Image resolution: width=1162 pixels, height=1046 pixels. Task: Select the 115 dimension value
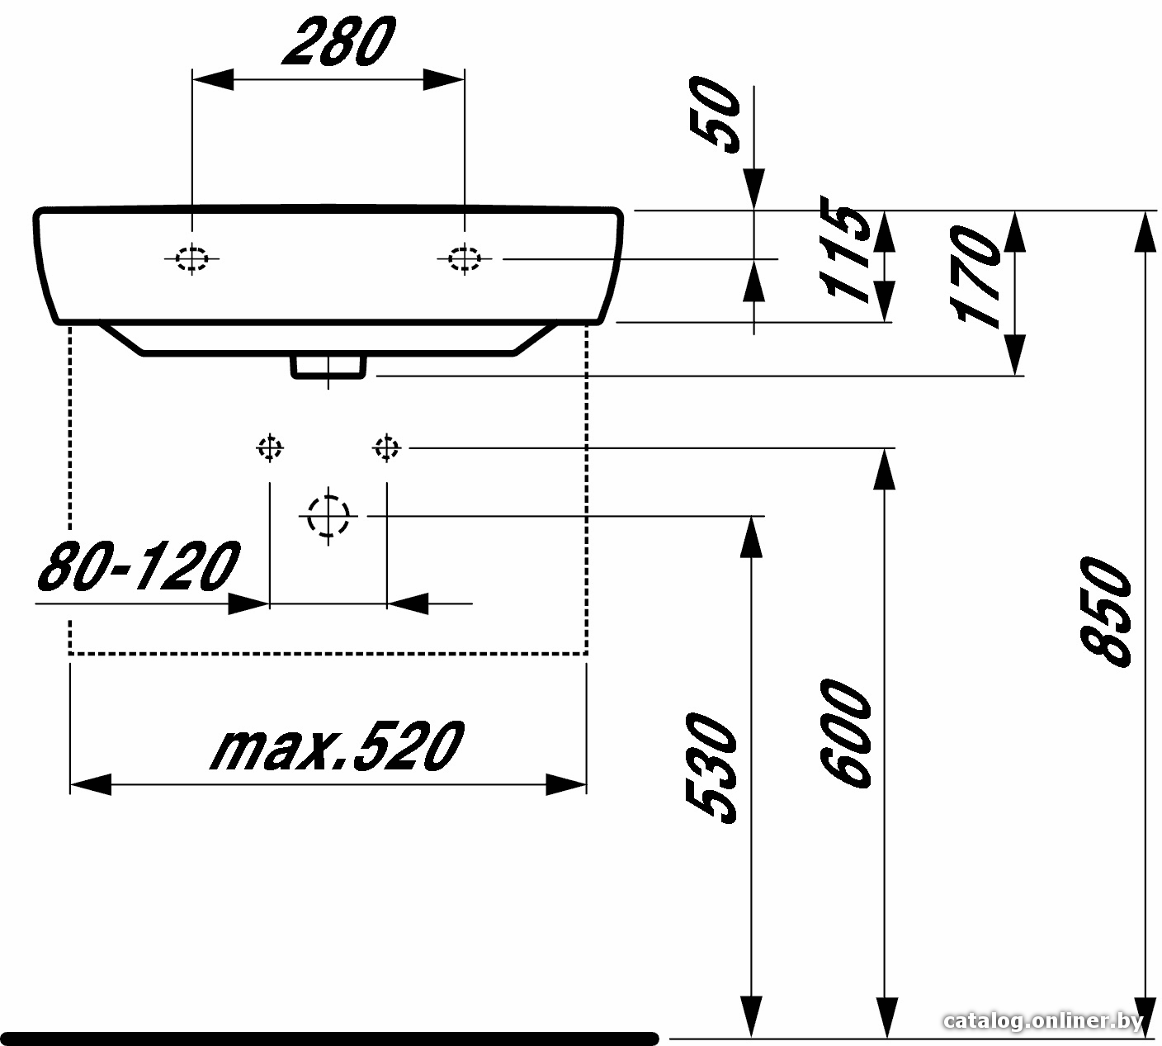click(x=845, y=248)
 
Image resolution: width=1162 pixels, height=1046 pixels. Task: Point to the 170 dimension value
click(x=976, y=277)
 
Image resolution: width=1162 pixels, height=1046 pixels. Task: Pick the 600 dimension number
click(x=846, y=734)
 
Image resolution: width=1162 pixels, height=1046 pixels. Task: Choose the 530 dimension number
click(x=711, y=769)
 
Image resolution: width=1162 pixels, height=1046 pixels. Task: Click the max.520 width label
click(x=338, y=746)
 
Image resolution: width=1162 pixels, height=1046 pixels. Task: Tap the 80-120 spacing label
click(x=139, y=566)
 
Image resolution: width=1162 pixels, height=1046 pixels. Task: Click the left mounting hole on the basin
click(x=192, y=258)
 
